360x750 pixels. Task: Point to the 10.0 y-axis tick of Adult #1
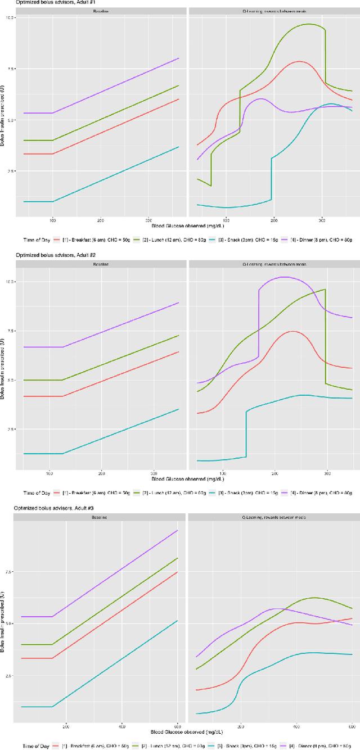coord(11,18)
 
